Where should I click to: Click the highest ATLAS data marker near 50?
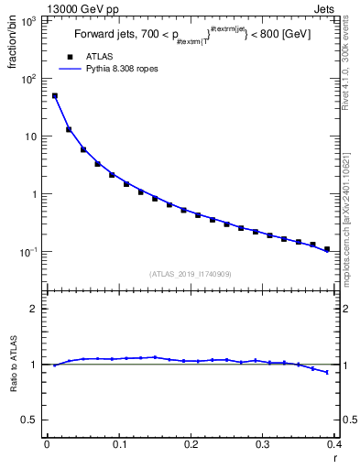tap(55, 95)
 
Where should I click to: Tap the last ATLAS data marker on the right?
tap(327, 248)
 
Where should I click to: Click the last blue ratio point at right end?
tap(327, 372)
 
